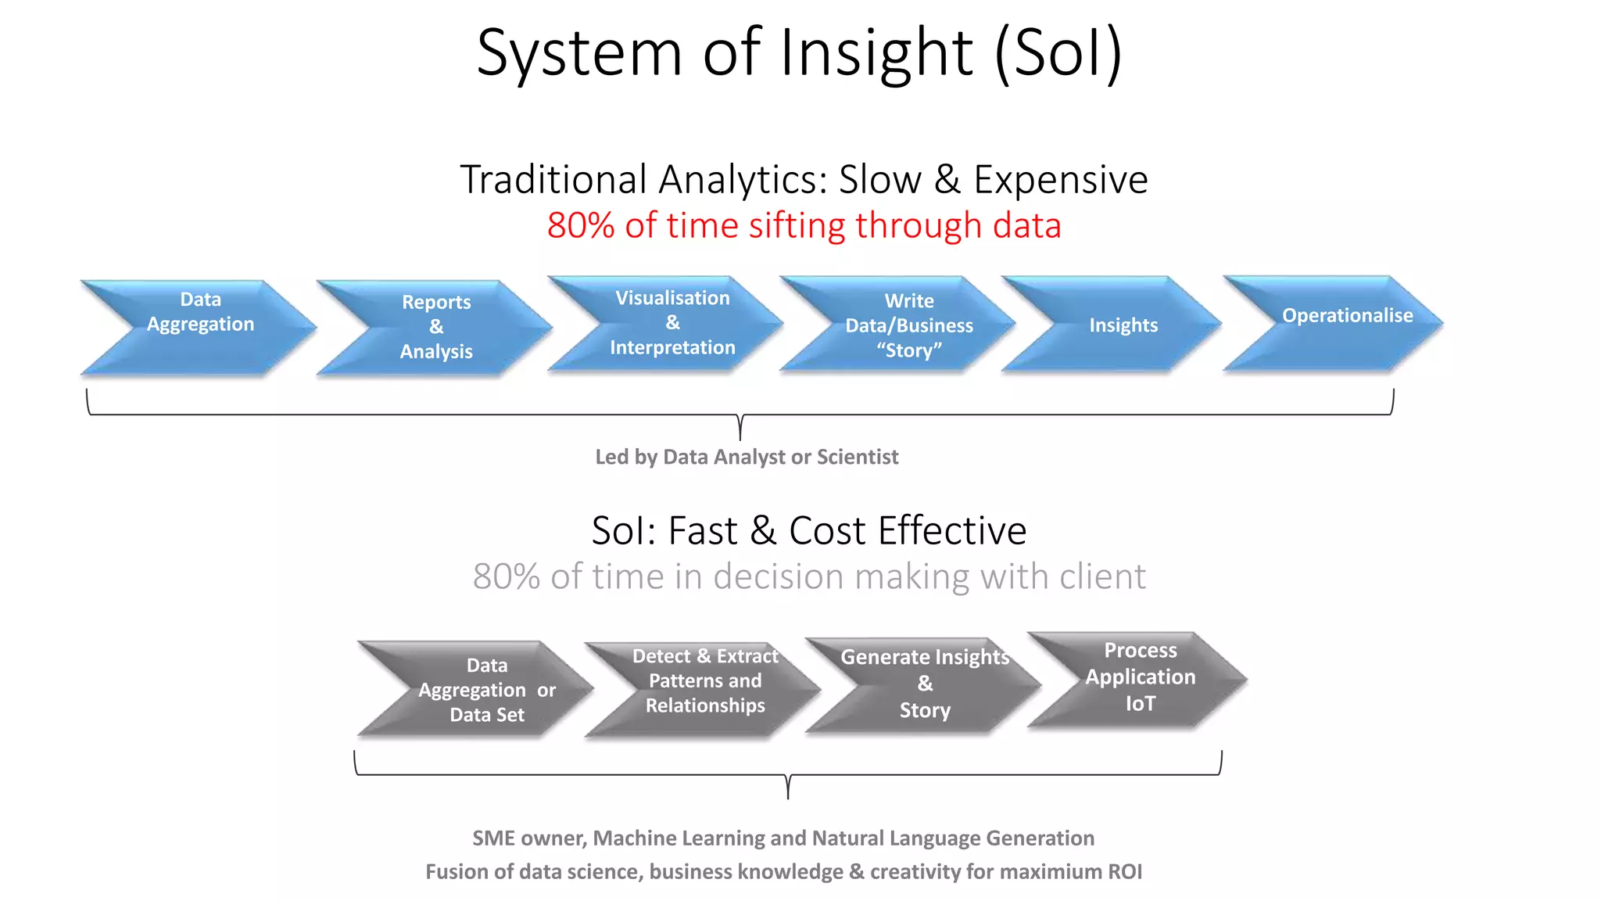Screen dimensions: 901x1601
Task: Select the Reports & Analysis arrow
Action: tap(436, 328)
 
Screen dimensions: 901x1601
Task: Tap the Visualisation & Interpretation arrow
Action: tap(672, 323)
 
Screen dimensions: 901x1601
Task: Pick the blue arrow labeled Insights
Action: tap(1123, 325)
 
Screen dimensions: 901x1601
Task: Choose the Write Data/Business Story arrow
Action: tap(908, 325)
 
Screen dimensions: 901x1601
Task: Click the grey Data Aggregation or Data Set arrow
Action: tap(486, 690)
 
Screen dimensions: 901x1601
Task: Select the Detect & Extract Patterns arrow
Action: tap(704, 682)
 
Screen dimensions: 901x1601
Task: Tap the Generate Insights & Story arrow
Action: tap(925, 684)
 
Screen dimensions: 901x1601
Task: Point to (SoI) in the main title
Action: tap(1058, 53)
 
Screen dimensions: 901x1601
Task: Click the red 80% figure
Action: tap(581, 226)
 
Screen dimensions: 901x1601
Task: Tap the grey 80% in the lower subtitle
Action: tap(506, 577)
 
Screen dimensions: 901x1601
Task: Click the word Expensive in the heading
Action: tap(1060, 180)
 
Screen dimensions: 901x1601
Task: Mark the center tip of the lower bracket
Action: tap(788, 795)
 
